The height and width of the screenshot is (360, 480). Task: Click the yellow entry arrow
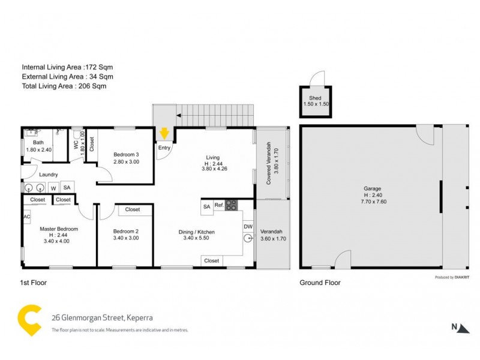click(164, 133)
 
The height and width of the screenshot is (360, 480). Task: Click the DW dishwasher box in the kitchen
click(248, 226)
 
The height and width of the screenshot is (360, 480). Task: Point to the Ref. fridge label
click(219, 206)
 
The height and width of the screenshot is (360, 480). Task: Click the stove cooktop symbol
click(231, 205)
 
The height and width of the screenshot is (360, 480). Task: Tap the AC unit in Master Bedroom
click(27, 217)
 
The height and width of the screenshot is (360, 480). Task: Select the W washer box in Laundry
click(53, 188)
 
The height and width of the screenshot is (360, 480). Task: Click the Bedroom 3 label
click(126, 154)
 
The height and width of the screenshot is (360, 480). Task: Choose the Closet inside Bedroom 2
click(133, 209)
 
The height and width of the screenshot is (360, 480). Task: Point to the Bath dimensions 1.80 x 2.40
click(38, 150)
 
